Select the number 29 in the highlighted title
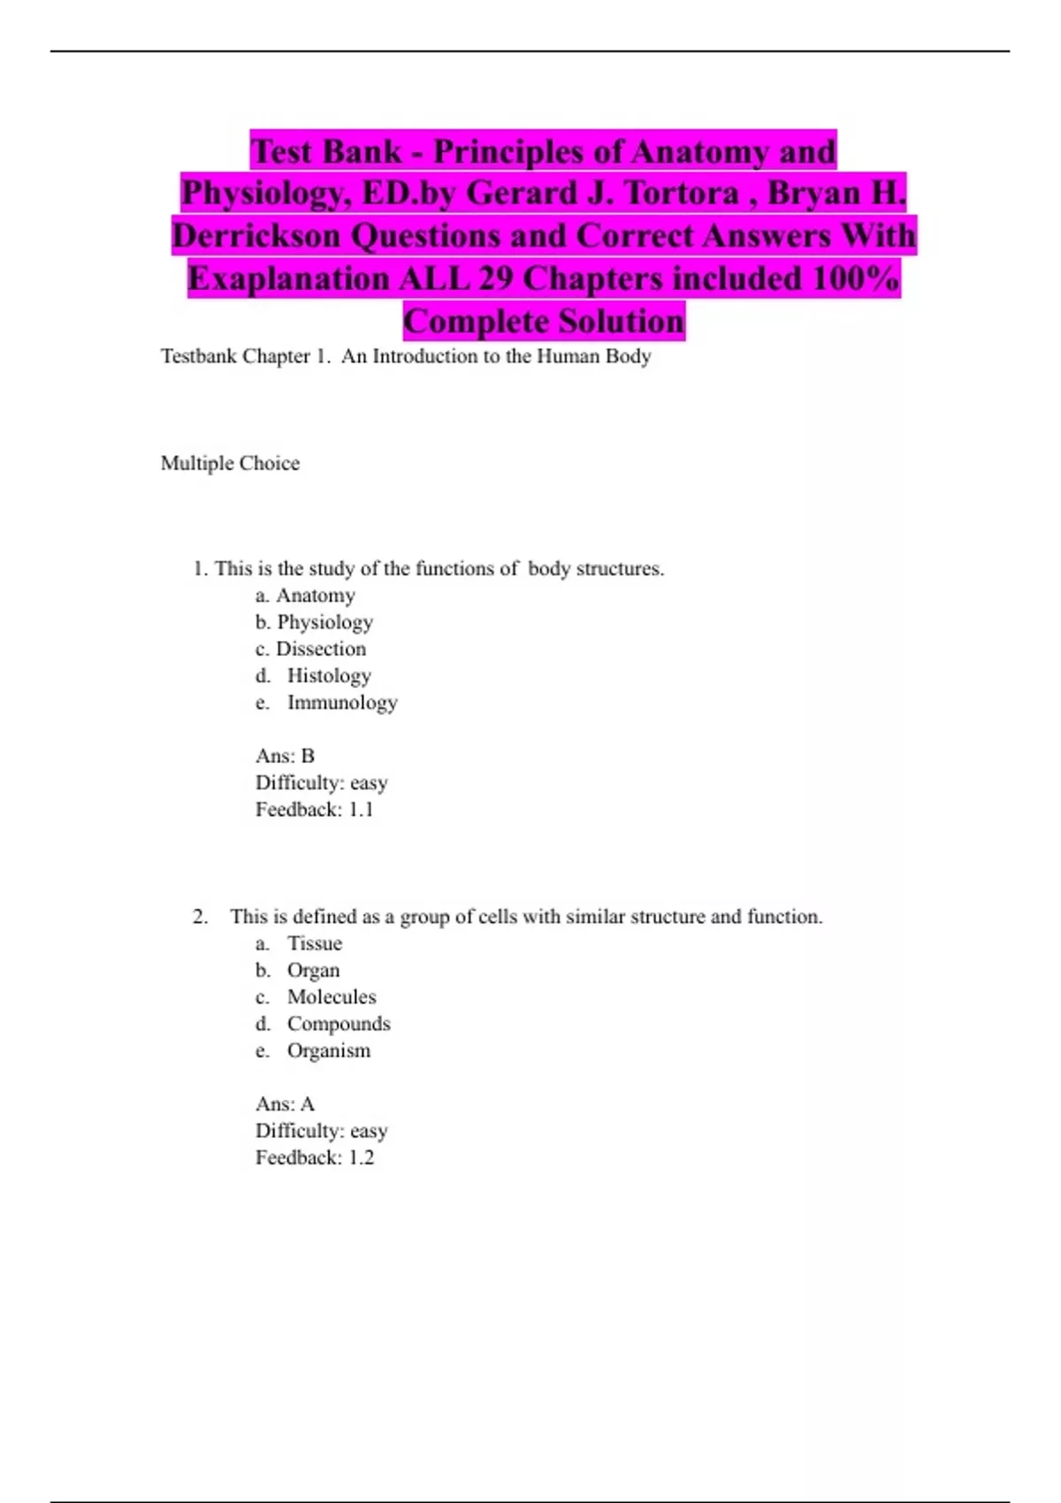click(495, 278)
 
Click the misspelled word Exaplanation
click(288, 278)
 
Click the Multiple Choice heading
click(230, 463)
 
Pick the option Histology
click(328, 675)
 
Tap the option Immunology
click(341, 703)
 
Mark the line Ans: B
click(285, 756)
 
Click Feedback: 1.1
click(314, 810)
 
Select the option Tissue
click(314, 943)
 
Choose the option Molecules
click(331, 997)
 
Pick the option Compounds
click(338, 1024)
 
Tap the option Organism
click(328, 1050)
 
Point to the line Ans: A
click(285, 1104)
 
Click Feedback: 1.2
click(314, 1158)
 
